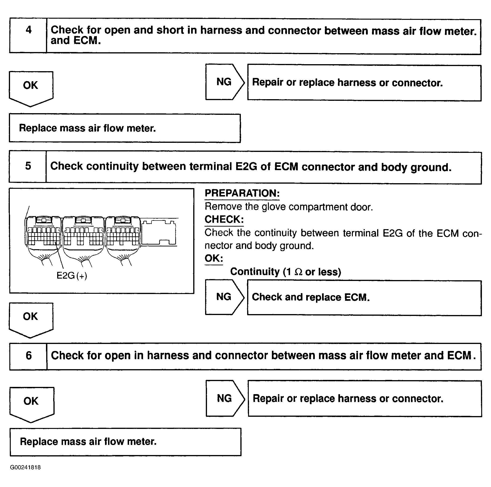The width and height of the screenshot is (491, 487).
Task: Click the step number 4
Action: (28, 30)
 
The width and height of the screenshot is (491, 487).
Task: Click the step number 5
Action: (28, 166)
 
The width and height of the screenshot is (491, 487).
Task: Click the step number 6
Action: (29, 356)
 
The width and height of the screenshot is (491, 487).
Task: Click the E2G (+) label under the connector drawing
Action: (72, 276)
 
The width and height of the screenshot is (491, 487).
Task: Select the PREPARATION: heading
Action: (242, 193)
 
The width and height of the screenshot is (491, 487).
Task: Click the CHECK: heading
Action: (224, 219)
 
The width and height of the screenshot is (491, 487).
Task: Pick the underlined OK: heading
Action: (214, 259)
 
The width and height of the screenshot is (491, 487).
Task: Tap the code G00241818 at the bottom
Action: (25, 467)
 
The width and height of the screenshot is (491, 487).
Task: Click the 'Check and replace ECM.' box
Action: (364, 298)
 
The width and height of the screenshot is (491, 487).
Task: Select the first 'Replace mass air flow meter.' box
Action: (125, 128)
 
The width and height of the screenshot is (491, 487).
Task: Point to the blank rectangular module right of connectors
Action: (159, 232)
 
